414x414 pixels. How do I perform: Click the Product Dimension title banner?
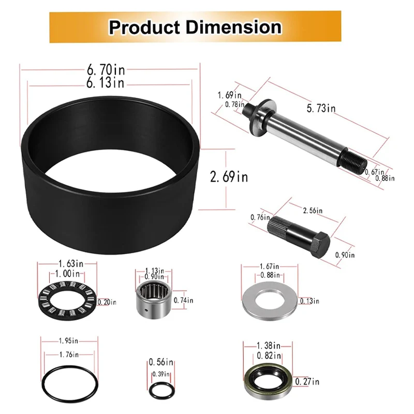point(195,26)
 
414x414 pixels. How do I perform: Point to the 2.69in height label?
point(229,176)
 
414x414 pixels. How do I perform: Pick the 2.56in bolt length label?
point(312,211)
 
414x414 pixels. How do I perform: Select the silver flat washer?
point(269,299)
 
